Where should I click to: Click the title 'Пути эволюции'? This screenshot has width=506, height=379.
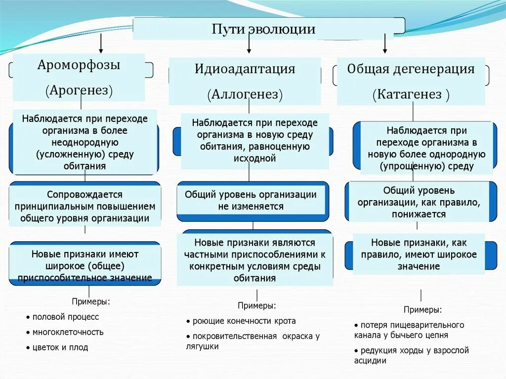pos(263,29)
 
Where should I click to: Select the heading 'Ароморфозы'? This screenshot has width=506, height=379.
pos(79,65)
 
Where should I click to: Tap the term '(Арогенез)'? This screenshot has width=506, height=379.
pos(79,90)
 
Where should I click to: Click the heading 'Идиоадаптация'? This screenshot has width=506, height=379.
pos(245,69)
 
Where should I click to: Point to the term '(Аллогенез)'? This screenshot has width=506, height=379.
pos(245,94)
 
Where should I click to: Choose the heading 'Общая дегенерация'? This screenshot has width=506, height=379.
pos(411,69)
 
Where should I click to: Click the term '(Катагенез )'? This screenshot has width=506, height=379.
pos(411,94)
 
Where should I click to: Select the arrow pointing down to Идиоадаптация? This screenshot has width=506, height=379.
pos(249,44)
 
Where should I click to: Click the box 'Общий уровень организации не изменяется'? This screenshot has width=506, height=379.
pos(251,201)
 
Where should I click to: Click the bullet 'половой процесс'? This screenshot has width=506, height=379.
pos(65,317)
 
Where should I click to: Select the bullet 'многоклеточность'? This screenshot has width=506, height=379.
pos(68,332)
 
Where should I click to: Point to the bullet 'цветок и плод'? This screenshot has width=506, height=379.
pos(60,347)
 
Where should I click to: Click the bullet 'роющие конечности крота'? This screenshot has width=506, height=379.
pos(244,321)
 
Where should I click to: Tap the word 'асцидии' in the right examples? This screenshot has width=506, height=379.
pos(370,361)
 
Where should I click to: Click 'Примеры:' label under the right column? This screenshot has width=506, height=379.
pos(422,310)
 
